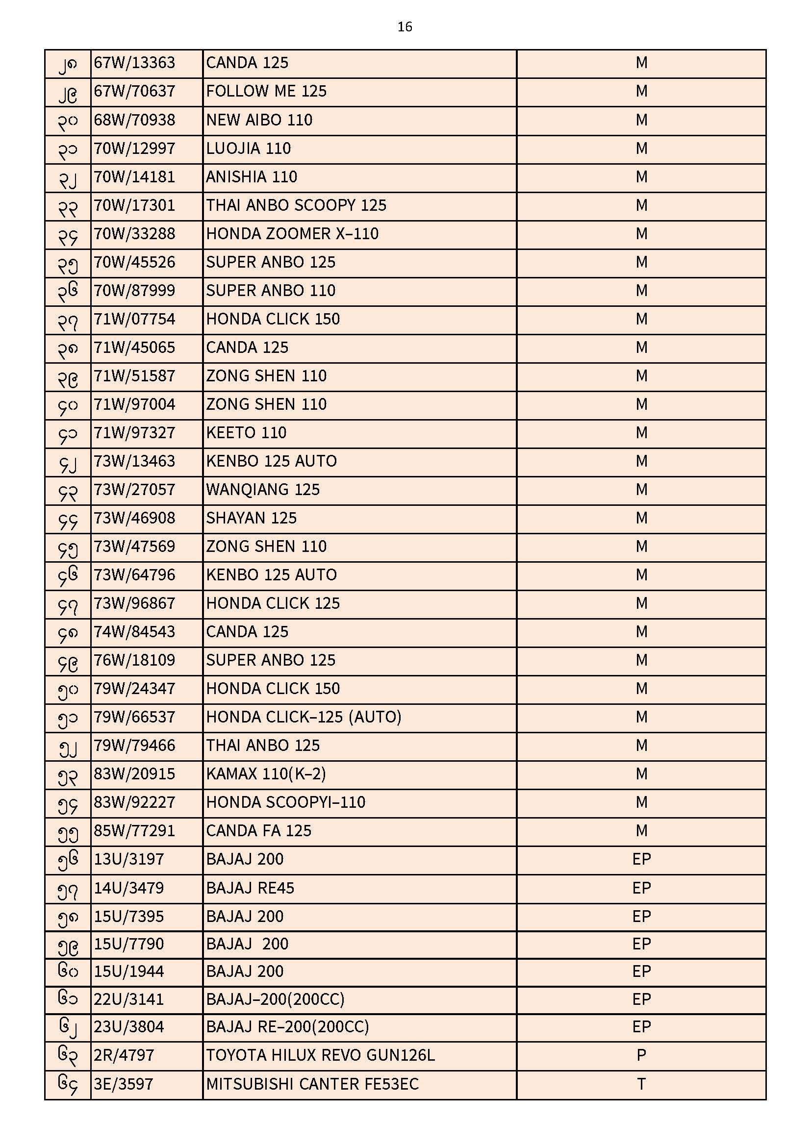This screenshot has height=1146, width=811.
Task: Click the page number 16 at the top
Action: [405, 27]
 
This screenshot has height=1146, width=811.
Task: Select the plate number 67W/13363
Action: [134, 63]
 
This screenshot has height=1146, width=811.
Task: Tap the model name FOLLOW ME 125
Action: [266, 91]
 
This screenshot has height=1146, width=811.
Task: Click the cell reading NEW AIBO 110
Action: [259, 120]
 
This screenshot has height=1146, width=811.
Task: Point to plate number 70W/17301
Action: [134, 205]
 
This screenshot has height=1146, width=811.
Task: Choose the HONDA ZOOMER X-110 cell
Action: [292, 234]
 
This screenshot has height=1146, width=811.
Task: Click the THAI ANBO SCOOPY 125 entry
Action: [296, 205]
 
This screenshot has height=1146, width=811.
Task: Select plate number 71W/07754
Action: [134, 319]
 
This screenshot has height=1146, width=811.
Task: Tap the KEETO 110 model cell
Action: [246, 433]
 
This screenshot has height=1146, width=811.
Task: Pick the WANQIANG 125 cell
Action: [263, 490]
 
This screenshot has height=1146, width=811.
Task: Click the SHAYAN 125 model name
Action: [251, 518]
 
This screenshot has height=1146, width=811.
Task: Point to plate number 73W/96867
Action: [134, 603]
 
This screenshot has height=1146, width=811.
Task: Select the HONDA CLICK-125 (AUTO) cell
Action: [304, 717]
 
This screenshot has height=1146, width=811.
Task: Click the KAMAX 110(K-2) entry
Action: [266, 774]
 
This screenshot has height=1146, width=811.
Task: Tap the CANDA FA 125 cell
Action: [259, 831]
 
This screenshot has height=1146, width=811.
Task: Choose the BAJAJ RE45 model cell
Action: [250, 888]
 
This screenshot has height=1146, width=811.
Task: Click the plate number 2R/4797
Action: [124, 1055]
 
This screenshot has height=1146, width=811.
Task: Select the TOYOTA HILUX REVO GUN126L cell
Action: [320, 1055]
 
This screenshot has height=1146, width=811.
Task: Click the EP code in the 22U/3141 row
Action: [641, 999]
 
